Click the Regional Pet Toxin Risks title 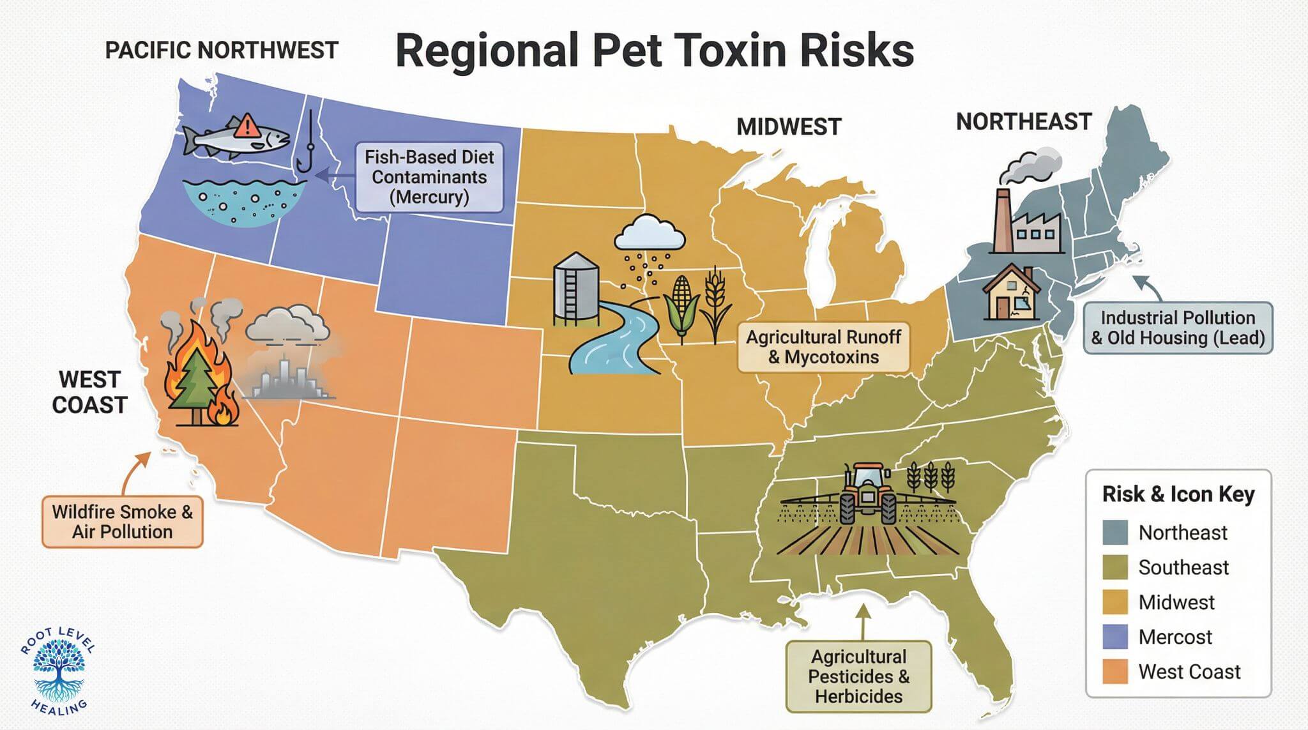pos(655,51)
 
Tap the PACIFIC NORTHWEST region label pos(221,50)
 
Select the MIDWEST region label pos(789,126)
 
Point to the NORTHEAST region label pos(1024,121)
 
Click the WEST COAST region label pos(89,392)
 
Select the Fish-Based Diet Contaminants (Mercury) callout pos(429,177)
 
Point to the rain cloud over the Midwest pos(649,234)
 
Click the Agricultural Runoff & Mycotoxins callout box pos(823,347)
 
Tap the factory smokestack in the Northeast pos(1003,217)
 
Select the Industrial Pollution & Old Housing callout pos(1178,328)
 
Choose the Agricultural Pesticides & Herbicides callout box pos(858,676)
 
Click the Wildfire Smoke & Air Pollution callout pos(122,522)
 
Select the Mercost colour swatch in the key pos(1114,637)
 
